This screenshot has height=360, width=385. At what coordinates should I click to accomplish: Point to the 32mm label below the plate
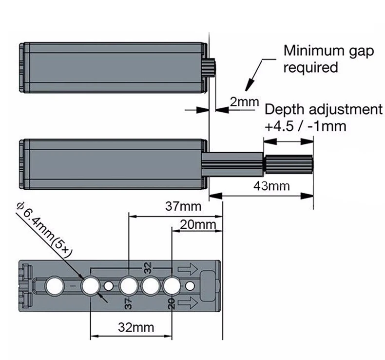tap(136, 327)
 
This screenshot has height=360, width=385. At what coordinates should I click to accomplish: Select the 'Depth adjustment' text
tap(323, 109)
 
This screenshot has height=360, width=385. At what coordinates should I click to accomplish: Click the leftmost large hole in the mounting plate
tap(53, 285)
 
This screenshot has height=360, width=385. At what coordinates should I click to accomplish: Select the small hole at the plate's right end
tap(190, 286)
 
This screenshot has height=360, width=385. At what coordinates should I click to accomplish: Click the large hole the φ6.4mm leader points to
tap(90, 286)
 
